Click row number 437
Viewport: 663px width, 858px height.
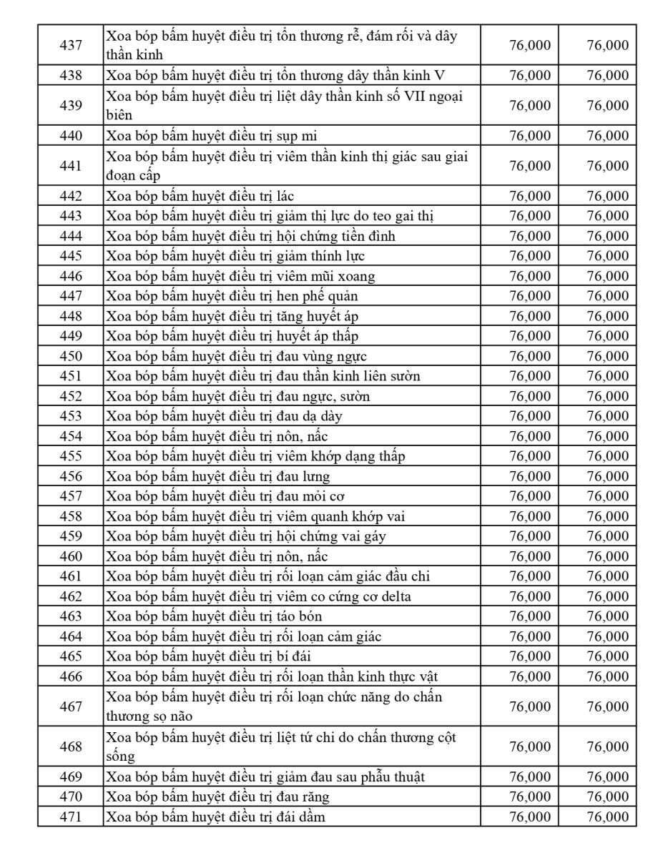coord(71,45)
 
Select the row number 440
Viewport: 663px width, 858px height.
coord(71,136)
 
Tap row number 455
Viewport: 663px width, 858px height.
coord(71,456)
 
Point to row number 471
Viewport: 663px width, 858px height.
coord(71,817)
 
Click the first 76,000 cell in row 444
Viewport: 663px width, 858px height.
coord(530,236)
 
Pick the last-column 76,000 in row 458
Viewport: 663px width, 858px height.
coord(607,516)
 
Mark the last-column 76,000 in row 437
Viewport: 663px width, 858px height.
coord(607,45)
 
